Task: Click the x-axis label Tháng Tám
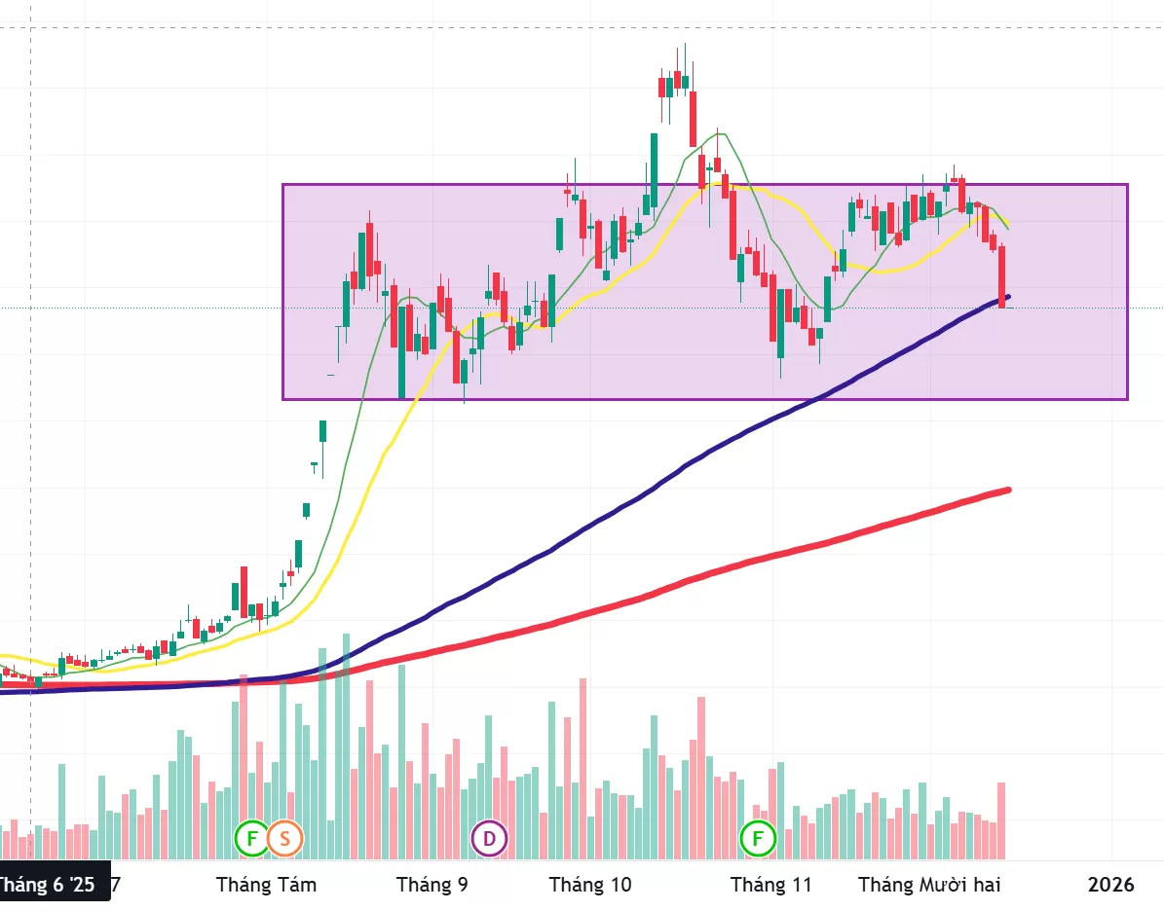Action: [266, 885]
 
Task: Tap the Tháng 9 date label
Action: [432, 885]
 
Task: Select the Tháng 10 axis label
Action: [590, 885]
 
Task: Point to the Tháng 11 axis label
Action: [770, 885]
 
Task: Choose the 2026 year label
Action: [1111, 885]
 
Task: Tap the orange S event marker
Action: [285, 837]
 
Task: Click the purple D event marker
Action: [489, 837]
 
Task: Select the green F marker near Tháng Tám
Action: [251, 837]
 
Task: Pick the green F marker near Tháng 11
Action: [758, 837]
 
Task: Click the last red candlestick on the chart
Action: [1001, 277]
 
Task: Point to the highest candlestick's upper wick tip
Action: [685, 44]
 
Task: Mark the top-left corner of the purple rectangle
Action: [283, 185]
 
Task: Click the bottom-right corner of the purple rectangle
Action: [1127, 399]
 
